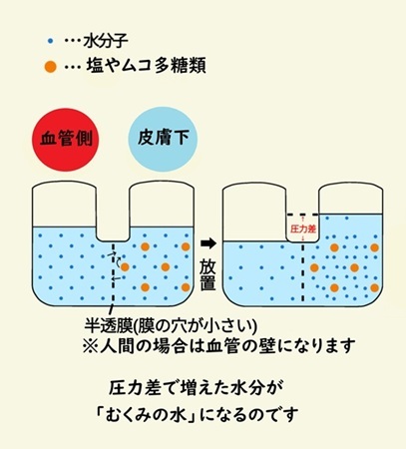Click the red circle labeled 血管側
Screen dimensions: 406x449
(x=66, y=139)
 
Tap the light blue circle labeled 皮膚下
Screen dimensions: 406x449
(x=163, y=139)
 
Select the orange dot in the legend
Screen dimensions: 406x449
(x=51, y=67)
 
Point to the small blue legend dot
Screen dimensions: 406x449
(x=51, y=41)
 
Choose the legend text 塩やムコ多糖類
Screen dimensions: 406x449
(x=146, y=66)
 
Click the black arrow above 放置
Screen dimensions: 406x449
(x=208, y=243)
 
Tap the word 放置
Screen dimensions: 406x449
(x=207, y=274)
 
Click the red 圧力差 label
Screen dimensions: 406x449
(x=303, y=229)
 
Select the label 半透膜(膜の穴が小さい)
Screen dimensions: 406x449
(x=171, y=326)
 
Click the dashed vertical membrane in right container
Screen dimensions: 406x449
(x=303, y=272)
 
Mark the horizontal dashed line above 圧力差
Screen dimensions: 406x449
(x=303, y=215)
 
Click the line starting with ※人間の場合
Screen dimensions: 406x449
(x=218, y=346)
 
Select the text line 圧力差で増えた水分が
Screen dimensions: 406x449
(x=196, y=388)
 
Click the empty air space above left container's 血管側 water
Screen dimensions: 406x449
(x=64, y=205)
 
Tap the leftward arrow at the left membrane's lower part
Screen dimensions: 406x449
(x=116, y=278)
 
